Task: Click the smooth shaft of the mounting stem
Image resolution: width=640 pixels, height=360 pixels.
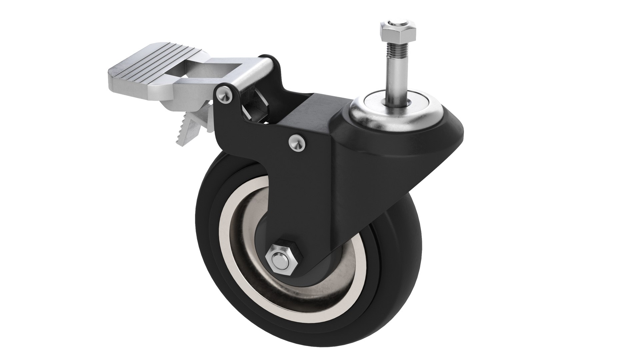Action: coord(397,80)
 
